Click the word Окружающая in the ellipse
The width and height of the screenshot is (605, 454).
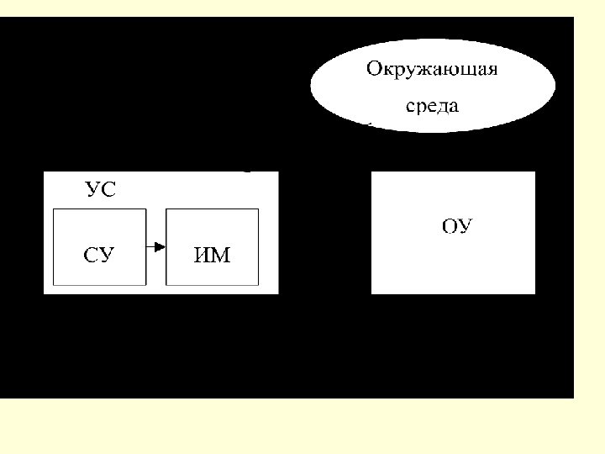coord(432,70)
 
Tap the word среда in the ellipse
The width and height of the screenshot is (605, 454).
coord(432,107)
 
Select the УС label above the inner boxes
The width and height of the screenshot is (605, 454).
coord(100,189)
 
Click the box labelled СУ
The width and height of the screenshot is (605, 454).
coord(99,247)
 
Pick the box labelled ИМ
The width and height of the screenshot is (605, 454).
coord(212,247)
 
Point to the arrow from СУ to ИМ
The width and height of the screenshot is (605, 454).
coord(155,247)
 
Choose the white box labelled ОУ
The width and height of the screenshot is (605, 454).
coord(453,232)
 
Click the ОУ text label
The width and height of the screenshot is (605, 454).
coord(457,225)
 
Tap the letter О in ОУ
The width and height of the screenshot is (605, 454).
coord(450,225)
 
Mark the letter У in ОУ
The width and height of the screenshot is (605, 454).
coord(466,225)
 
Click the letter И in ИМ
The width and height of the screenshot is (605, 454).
coord(203,256)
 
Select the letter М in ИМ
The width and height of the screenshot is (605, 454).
coord(220,256)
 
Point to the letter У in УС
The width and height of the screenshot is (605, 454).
coord(92,189)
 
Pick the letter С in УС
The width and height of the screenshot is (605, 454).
coord(108,189)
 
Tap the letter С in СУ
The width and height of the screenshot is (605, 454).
coord(91,256)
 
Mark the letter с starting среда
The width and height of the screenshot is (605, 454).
coord(410,108)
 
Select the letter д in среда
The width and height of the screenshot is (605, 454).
coord(442,108)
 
